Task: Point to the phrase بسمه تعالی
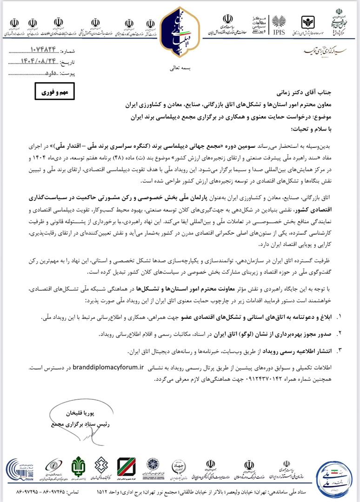180,68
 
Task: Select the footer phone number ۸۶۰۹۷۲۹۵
21,493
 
